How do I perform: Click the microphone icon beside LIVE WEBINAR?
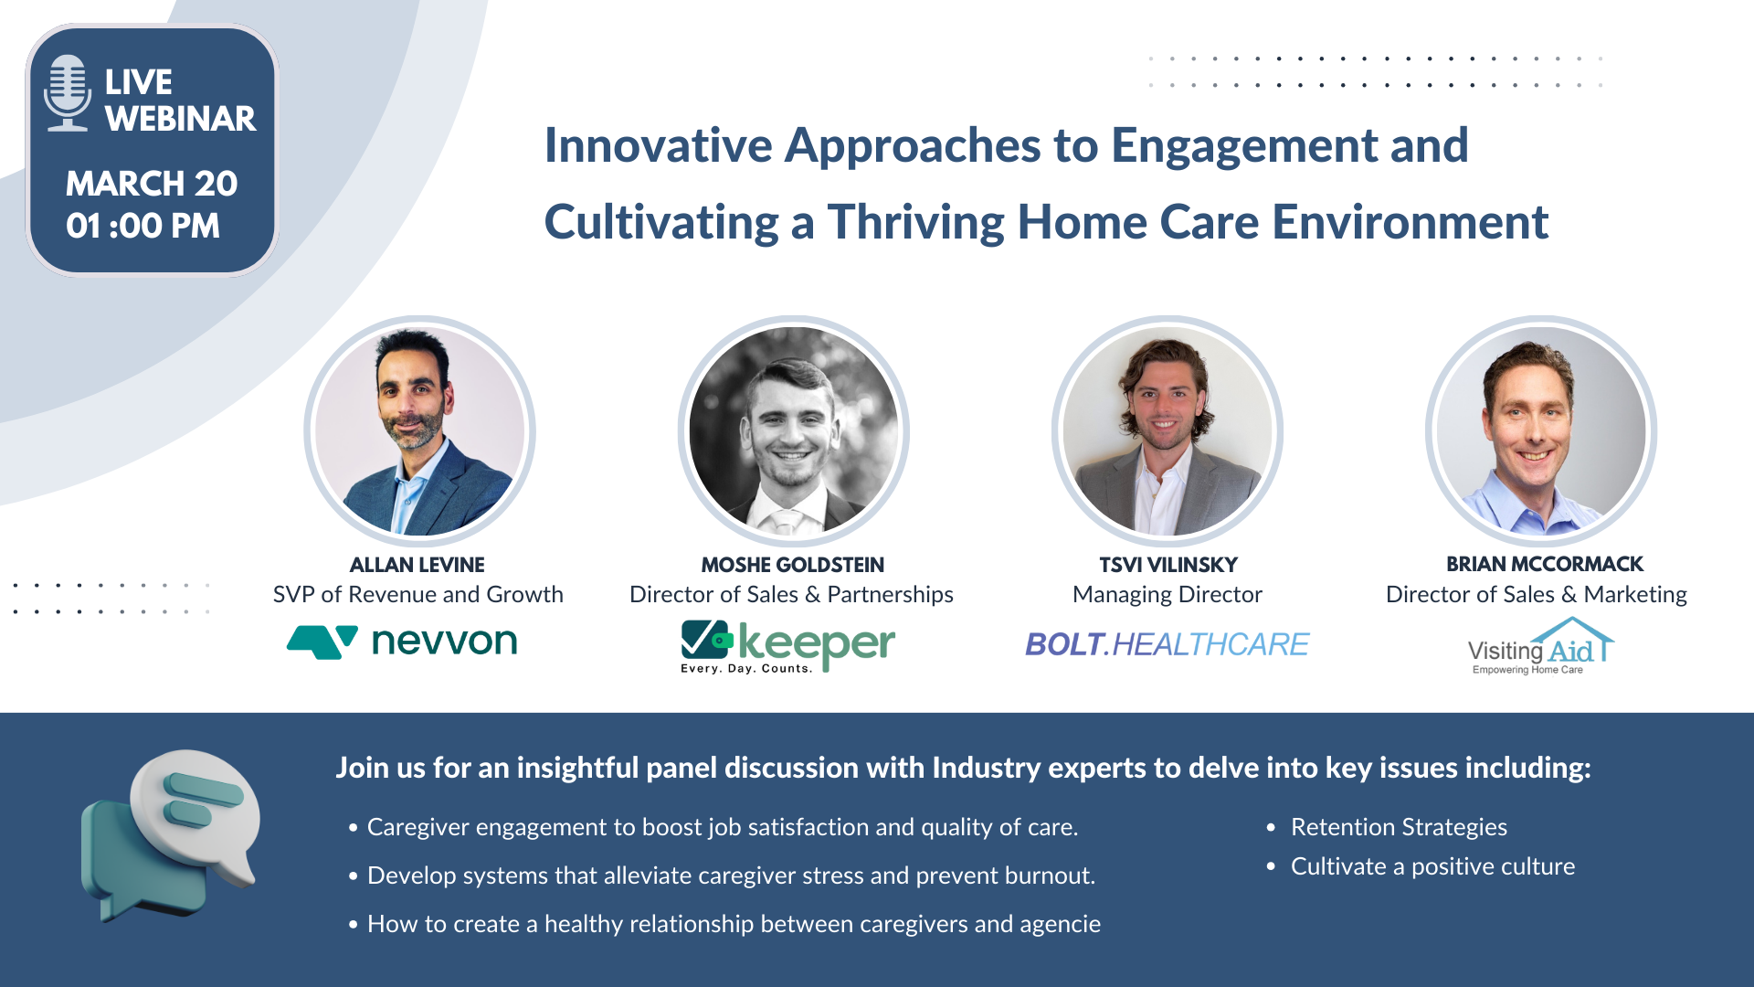coord(68,93)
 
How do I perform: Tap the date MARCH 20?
coord(152,184)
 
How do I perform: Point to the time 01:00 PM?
coord(143,226)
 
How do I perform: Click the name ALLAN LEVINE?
coord(417,565)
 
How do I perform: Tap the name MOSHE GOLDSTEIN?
coord(793,565)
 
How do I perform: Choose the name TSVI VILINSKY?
coord(1168,565)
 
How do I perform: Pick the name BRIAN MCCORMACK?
coord(1545,564)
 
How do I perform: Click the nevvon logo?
coord(402,642)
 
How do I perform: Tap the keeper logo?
coord(787,647)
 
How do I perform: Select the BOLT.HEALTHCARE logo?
coord(1168,644)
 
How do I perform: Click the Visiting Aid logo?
coord(1540,646)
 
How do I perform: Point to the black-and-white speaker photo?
coord(794,431)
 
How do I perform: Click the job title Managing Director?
coord(1168,595)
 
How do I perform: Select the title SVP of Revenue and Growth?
coord(418,595)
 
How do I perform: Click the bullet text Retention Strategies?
coord(1399,827)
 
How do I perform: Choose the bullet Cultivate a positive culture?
coord(1432,866)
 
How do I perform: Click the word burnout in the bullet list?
coord(1050,876)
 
